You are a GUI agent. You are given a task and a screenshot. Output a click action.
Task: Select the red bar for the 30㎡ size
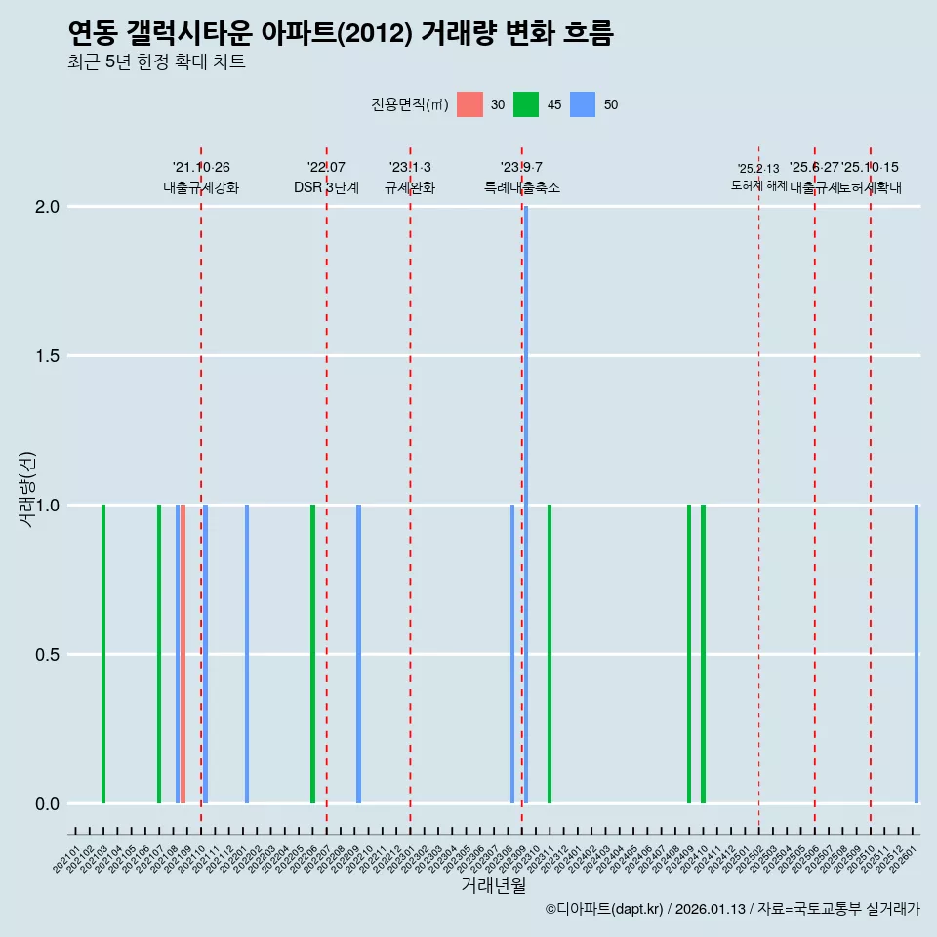click(x=183, y=654)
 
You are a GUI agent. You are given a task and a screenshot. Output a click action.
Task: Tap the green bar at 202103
click(x=103, y=654)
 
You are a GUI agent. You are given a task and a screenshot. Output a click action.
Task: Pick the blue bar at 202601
click(x=917, y=654)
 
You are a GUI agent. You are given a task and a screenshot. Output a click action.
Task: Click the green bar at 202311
click(x=550, y=654)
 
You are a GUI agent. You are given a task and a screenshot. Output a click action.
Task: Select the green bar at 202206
click(x=312, y=654)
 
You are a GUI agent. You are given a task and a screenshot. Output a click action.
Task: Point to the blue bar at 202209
click(x=358, y=654)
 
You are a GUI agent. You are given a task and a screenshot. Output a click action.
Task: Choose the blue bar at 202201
click(x=247, y=654)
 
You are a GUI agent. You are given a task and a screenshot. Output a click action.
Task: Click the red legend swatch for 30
click(x=469, y=104)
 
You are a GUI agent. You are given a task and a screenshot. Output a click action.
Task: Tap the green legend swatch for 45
click(x=526, y=104)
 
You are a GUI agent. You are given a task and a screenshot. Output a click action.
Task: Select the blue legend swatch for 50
click(x=583, y=104)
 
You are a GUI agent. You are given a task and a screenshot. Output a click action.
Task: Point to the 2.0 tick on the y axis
click(x=49, y=207)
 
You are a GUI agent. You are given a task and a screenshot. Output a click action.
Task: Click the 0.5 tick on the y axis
click(x=49, y=655)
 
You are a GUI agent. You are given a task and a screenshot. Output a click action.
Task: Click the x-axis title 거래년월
click(x=493, y=886)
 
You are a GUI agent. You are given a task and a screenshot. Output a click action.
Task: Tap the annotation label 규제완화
click(x=410, y=188)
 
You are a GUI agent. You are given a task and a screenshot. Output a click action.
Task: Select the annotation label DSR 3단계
click(x=326, y=188)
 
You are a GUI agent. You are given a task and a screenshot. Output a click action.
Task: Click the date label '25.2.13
click(x=758, y=169)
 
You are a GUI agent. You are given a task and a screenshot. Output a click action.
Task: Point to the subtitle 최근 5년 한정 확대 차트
click(x=156, y=62)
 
